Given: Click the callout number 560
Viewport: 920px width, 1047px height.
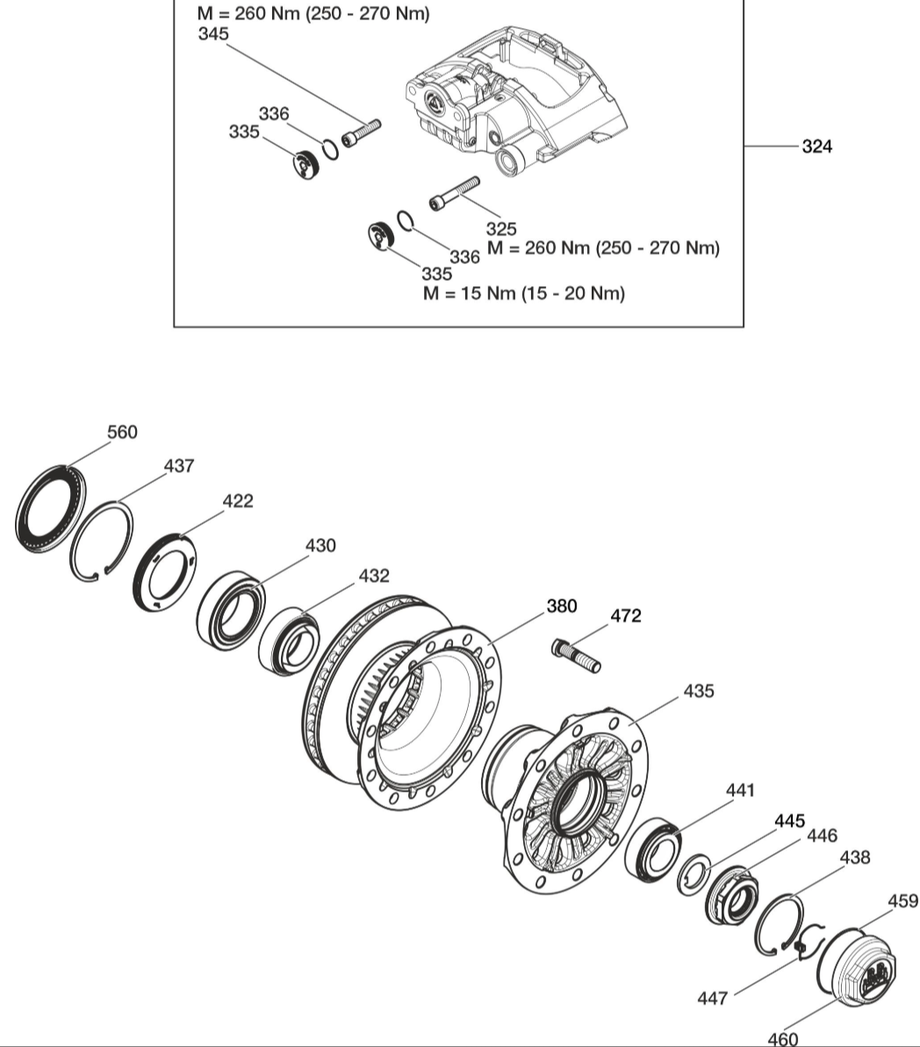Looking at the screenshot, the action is click(x=122, y=432).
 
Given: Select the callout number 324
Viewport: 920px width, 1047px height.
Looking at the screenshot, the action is click(x=816, y=147).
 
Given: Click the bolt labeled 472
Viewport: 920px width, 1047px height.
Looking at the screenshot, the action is click(x=576, y=655).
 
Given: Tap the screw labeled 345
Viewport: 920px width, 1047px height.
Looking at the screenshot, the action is click(x=361, y=133).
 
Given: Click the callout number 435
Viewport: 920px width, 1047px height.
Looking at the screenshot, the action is click(x=699, y=691).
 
